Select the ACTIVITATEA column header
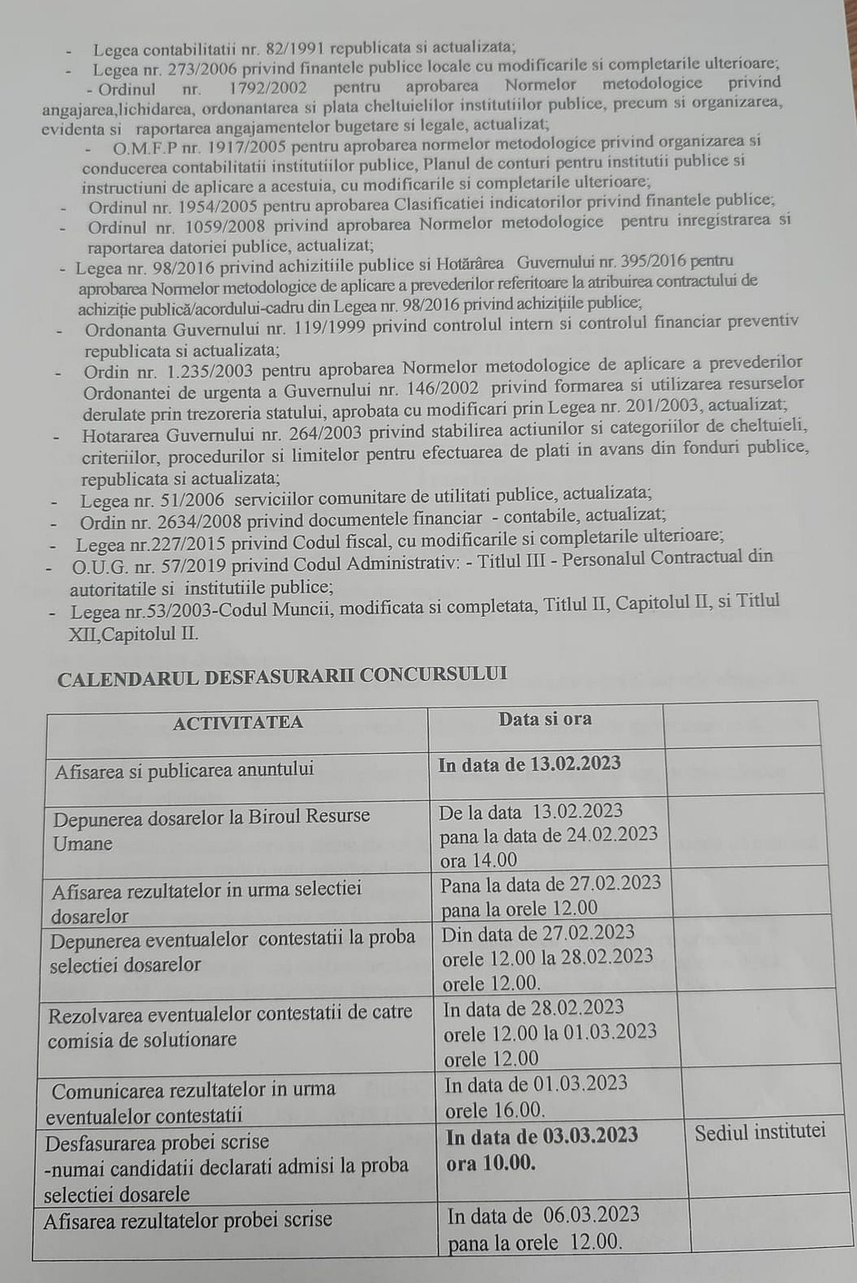click(x=238, y=722)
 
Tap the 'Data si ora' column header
click(x=545, y=719)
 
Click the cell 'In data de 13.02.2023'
click(x=529, y=764)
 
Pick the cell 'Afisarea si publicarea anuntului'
click(x=184, y=770)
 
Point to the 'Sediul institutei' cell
click(x=760, y=1131)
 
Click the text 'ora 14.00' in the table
click(x=479, y=860)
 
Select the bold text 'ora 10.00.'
click(x=491, y=1163)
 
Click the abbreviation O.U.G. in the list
click(x=94, y=566)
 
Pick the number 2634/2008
click(x=186, y=521)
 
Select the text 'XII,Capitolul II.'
click(x=133, y=633)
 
